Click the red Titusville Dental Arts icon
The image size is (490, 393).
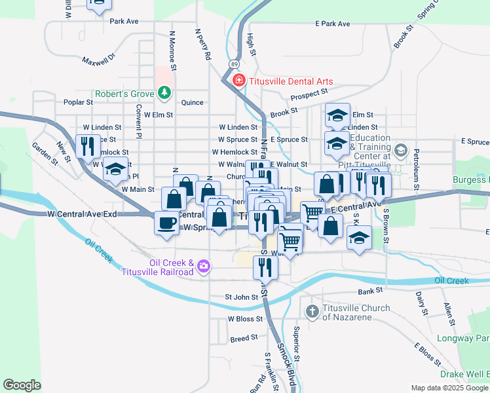tap(239, 81)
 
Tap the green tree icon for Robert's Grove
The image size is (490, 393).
tap(164, 94)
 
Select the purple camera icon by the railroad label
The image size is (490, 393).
tap(204, 265)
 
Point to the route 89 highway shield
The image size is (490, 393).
tap(234, 64)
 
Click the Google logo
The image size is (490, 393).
tap(22, 384)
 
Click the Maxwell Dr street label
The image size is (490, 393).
tap(98, 60)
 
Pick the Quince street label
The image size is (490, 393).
tap(193, 102)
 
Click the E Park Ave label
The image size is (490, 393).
tap(332, 24)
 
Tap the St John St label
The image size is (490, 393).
tap(242, 297)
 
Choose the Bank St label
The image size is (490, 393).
tap(369, 291)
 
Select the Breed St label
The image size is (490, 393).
tap(244, 339)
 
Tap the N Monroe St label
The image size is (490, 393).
tap(172, 50)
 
